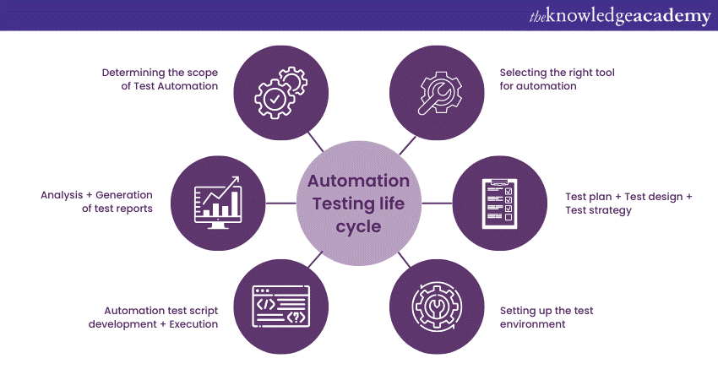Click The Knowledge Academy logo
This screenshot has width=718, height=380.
pyautogui.click(x=620, y=15)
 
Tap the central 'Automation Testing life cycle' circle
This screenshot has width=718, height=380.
pyautogui.click(x=358, y=204)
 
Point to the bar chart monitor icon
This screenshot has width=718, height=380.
pyautogui.click(x=218, y=204)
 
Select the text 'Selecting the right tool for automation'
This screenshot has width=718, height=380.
pyautogui.click(x=557, y=79)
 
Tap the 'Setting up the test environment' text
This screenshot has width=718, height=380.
pyautogui.click(x=546, y=317)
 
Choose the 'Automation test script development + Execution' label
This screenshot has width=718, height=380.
pyautogui.click(x=160, y=317)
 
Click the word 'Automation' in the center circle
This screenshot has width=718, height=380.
pyautogui.click(x=358, y=181)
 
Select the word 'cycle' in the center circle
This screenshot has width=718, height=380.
pyautogui.click(x=358, y=226)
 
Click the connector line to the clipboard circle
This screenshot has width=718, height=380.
pyautogui.click(x=438, y=204)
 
